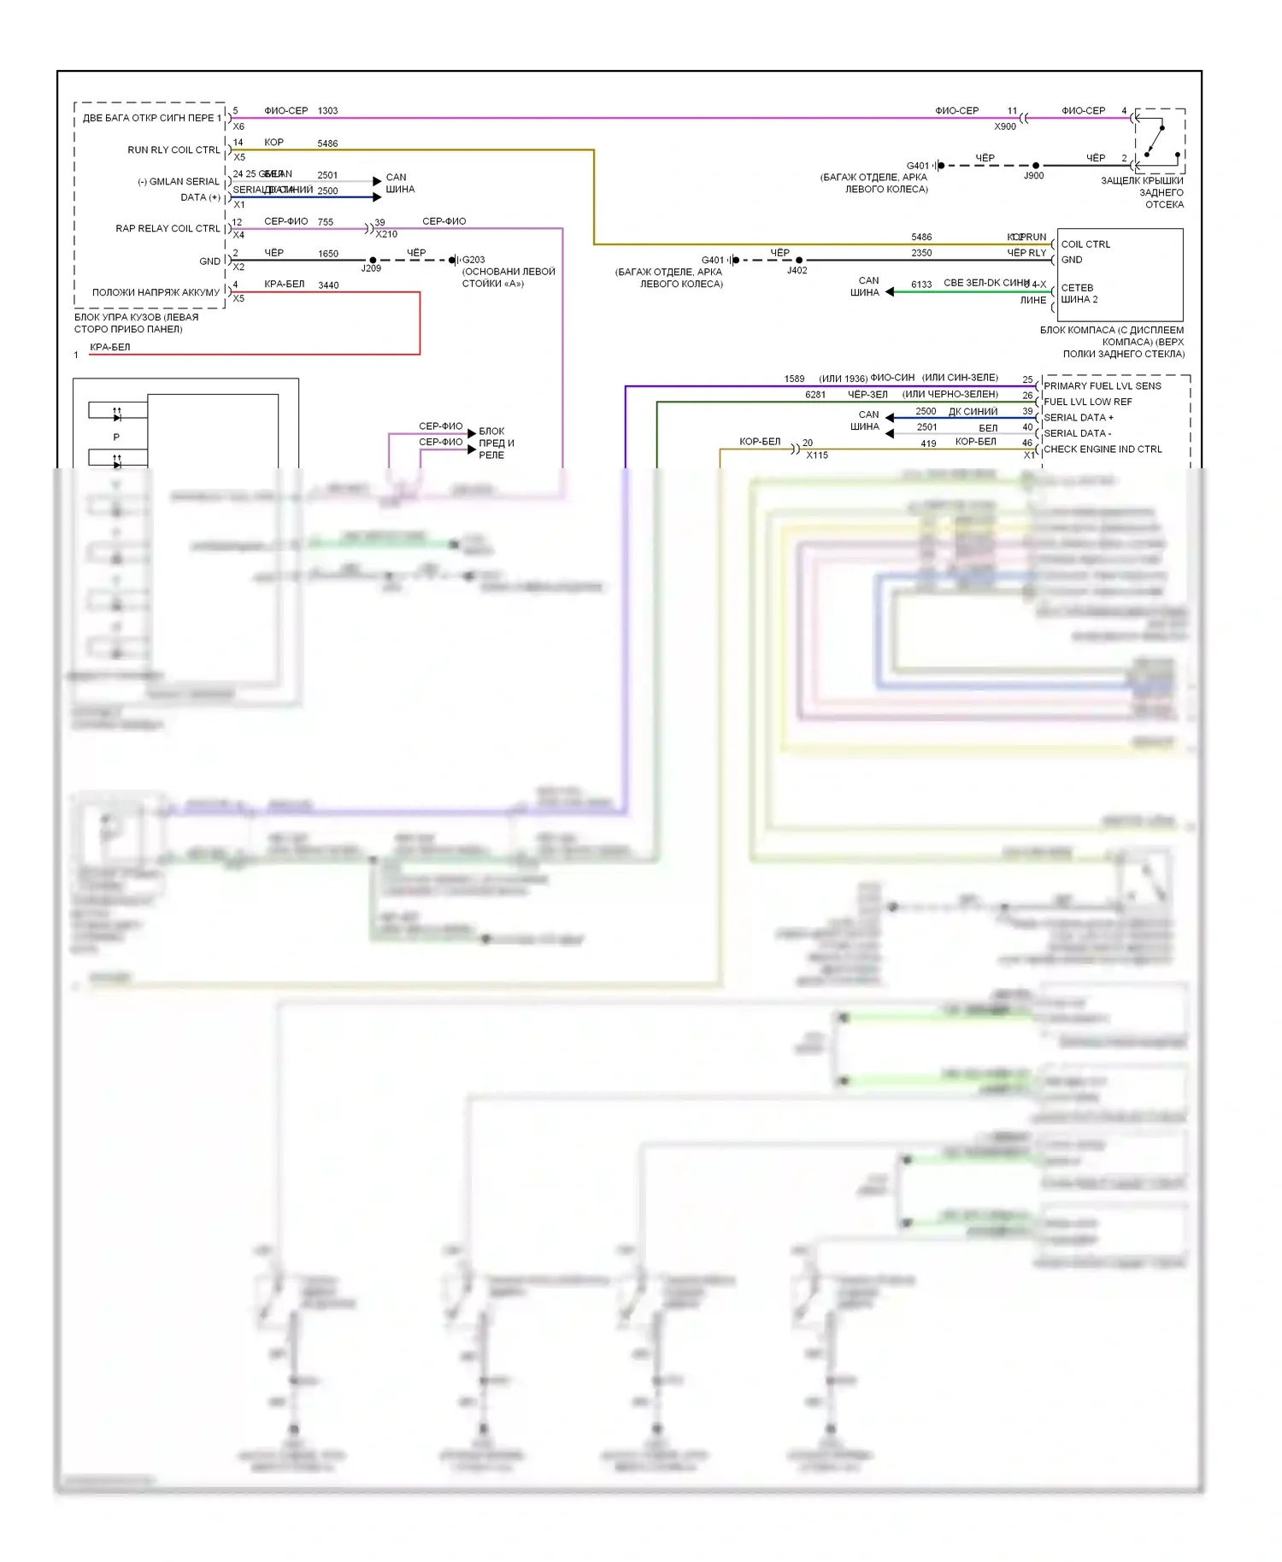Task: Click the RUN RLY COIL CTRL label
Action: click(x=173, y=150)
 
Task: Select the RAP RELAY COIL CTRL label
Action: click(x=168, y=228)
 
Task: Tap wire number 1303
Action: click(x=327, y=111)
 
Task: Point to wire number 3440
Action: click(x=328, y=285)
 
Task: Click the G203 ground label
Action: click(x=473, y=260)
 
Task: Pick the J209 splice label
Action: click(x=371, y=268)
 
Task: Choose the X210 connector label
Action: click(x=386, y=234)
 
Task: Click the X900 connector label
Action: click(x=1005, y=126)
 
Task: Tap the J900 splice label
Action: click(x=1034, y=175)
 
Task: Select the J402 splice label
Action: click(x=797, y=270)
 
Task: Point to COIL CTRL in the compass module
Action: click(x=1085, y=244)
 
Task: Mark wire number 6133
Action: click(x=921, y=285)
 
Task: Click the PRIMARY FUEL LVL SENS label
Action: click(x=1103, y=386)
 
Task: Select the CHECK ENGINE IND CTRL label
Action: click(x=1103, y=449)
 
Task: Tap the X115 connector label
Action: click(x=817, y=455)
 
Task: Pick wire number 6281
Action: click(x=815, y=395)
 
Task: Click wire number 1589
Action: click(x=794, y=379)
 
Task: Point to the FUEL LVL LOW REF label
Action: click(x=1087, y=402)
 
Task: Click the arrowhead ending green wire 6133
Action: click(x=890, y=291)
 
